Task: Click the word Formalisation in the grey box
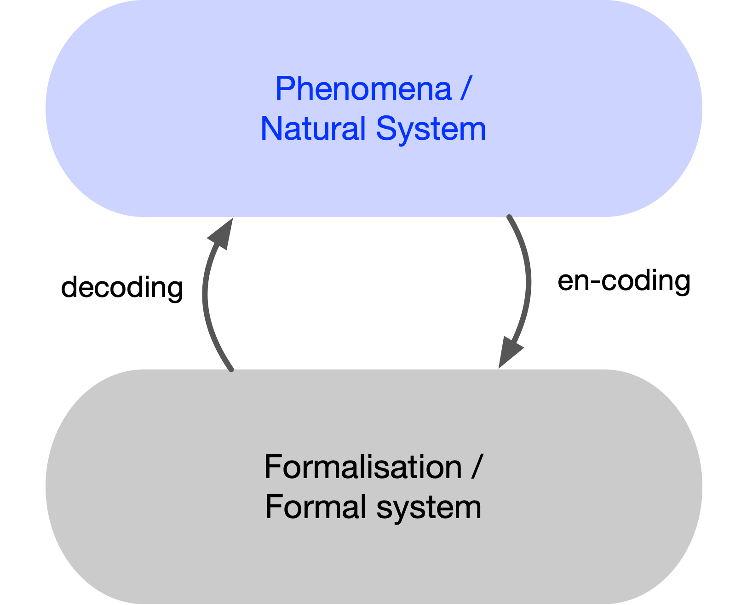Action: coord(362,467)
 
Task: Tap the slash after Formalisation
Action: coord(477,467)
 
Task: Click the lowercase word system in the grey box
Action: coord(429,508)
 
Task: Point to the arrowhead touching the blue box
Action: coord(222,233)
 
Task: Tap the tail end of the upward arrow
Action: coord(231,369)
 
